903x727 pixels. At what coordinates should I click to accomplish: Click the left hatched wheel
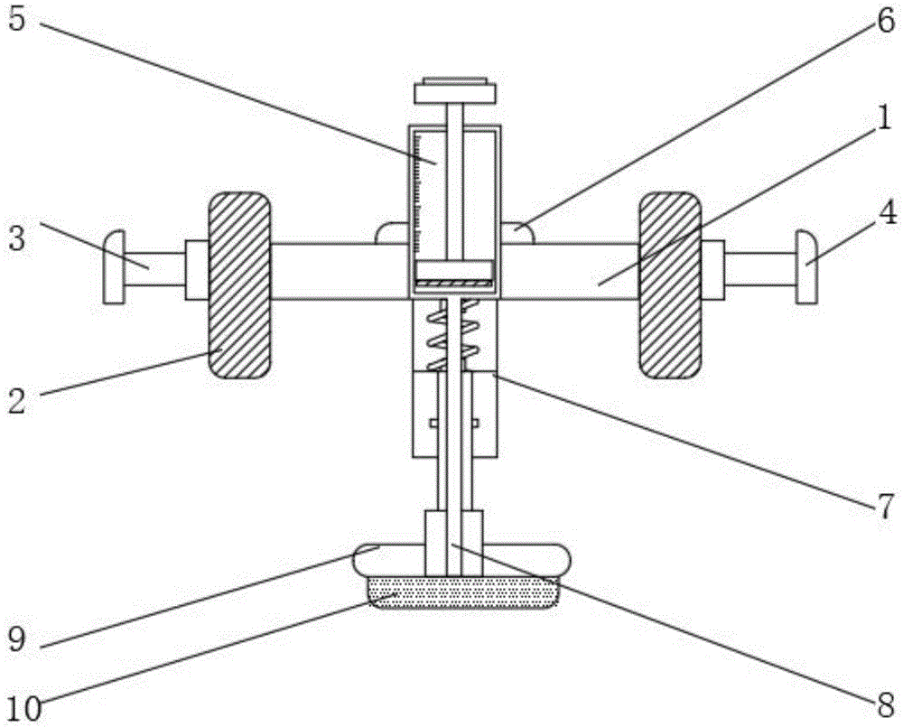click(239, 284)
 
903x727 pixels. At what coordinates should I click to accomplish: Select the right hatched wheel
click(670, 284)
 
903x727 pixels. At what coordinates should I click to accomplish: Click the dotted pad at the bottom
click(461, 592)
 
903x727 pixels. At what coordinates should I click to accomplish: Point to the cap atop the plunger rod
click(455, 92)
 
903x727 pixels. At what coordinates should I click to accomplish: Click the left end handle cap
click(114, 266)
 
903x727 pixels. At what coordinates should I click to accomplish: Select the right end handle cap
click(806, 266)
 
